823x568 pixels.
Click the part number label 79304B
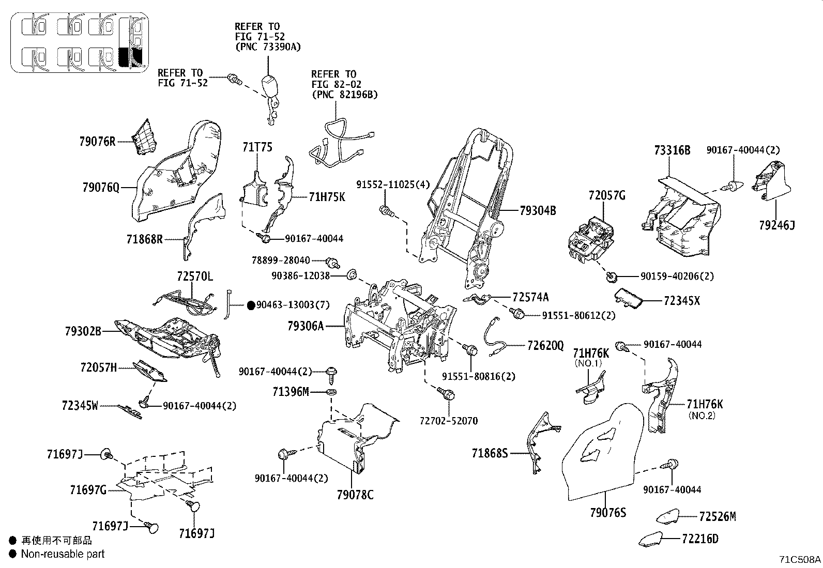[538, 210]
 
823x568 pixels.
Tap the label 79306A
[306, 326]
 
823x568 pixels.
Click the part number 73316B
[672, 150]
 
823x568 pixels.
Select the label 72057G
[607, 195]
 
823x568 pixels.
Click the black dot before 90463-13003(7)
[251, 305]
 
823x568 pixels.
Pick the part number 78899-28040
[280, 260]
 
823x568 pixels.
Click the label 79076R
[98, 141]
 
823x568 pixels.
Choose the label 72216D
[700, 539]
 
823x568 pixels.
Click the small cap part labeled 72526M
[667, 516]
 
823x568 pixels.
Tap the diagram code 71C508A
[800, 559]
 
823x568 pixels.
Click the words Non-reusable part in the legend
[63, 554]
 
